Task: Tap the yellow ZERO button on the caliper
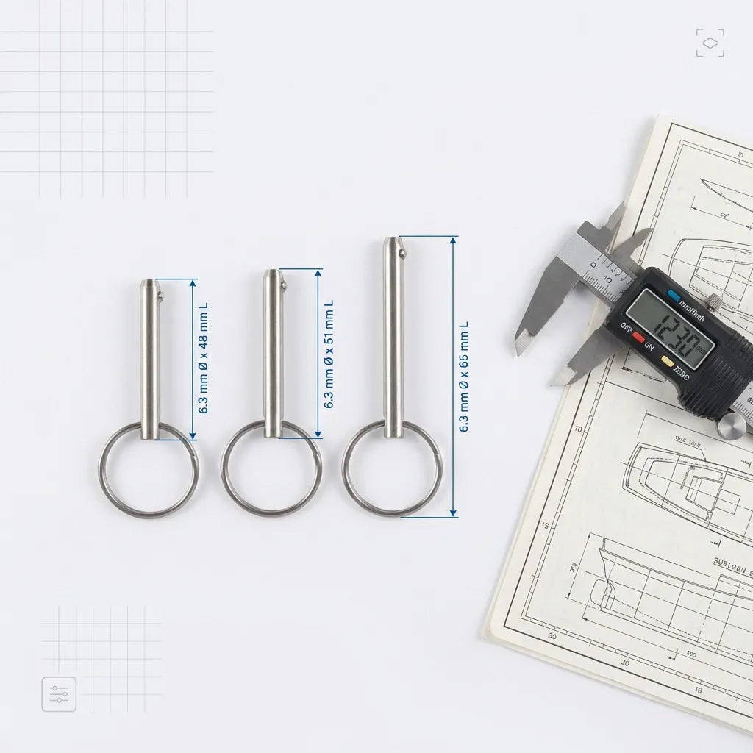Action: [x=668, y=361]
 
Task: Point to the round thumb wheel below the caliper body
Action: [x=732, y=426]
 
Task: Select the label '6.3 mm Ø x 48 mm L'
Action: [x=204, y=358]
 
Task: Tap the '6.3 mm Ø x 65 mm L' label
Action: [x=463, y=376]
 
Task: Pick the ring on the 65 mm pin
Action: [x=392, y=471]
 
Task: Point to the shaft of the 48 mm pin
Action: [x=150, y=360]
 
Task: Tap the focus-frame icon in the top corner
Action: [x=710, y=43]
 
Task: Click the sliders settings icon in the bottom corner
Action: [x=59, y=693]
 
